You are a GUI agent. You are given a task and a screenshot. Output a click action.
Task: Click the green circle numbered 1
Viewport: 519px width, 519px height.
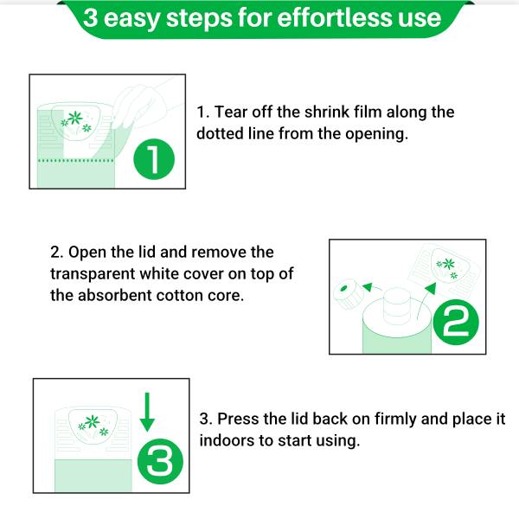154,159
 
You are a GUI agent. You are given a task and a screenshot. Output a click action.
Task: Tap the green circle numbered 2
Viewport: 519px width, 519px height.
456,322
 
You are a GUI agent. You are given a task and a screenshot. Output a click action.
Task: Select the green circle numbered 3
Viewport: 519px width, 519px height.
160,461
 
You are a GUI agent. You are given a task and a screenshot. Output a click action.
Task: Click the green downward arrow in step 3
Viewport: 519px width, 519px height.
147,412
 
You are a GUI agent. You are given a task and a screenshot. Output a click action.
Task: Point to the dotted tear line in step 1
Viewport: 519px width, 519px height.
76,161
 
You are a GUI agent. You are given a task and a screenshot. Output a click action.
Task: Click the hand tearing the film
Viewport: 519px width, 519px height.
145,106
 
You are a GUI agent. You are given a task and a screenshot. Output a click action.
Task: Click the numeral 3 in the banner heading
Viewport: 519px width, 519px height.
90,18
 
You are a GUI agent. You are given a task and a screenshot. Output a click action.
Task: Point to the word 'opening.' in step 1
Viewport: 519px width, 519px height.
376,134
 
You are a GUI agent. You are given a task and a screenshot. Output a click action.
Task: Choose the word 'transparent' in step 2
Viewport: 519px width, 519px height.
93,274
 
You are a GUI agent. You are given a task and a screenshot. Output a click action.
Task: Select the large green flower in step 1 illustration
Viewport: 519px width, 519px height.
75,118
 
